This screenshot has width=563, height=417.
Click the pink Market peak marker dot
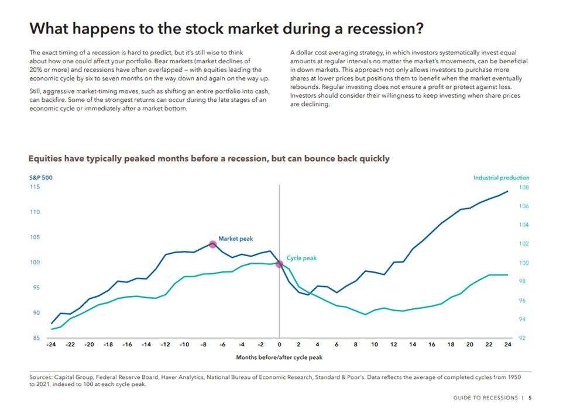(x=213, y=244)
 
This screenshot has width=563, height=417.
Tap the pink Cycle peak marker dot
(x=279, y=264)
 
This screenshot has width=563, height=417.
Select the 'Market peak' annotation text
(x=235, y=239)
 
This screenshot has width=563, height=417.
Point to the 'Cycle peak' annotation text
(x=301, y=258)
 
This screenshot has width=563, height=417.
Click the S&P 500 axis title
(x=40, y=177)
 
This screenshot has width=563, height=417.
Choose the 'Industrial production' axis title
(x=501, y=177)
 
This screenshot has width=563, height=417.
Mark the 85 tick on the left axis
(x=36, y=337)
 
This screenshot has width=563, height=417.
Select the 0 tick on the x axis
(x=280, y=344)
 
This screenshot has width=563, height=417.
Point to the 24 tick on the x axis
(x=507, y=344)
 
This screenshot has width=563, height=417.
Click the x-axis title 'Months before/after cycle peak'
(x=279, y=356)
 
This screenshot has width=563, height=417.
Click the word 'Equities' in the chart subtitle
(x=47, y=158)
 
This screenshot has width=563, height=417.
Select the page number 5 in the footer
(x=530, y=398)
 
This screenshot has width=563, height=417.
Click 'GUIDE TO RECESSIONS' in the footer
(x=485, y=398)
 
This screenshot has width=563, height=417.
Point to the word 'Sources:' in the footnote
(x=42, y=378)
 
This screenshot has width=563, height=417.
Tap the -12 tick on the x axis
(x=165, y=344)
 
